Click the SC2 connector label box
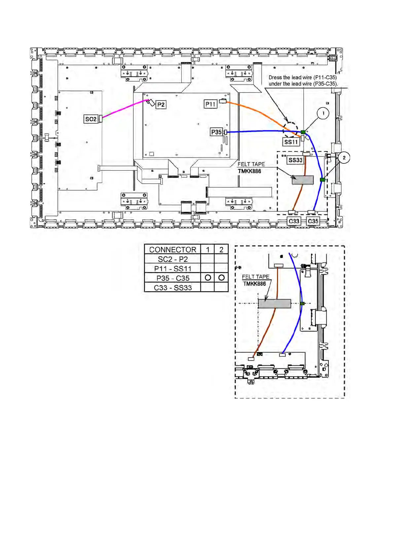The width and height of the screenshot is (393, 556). pyautogui.click(x=90, y=119)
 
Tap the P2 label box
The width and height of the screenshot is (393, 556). pyautogui.click(x=161, y=105)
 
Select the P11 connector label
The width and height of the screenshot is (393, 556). pyautogui.click(x=210, y=104)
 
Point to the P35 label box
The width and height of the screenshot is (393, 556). pyautogui.click(x=216, y=132)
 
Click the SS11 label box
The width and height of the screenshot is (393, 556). pyautogui.click(x=291, y=142)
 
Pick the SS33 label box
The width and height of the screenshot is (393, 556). pyautogui.click(x=295, y=160)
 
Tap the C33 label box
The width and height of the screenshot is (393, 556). pyautogui.click(x=294, y=221)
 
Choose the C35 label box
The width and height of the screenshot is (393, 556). pyautogui.click(x=313, y=221)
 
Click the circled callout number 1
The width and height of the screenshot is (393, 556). pyautogui.click(x=323, y=113)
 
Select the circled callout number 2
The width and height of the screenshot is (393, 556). pyautogui.click(x=344, y=157)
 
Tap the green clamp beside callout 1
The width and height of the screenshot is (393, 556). pyautogui.click(x=303, y=132)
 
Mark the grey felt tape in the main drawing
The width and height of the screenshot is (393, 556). pyautogui.click(x=303, y=180)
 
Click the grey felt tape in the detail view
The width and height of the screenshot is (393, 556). pyautogui.click(x=274, y=303)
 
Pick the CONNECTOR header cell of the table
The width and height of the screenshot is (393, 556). pyautogui.click(x=172, y=250)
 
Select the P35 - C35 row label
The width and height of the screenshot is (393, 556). pyautogui.click(x=172, y=278)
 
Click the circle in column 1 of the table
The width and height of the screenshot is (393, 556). pyautogui.click(x=208, y=277)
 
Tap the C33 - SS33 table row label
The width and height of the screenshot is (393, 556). pyautogui.click(x=172, y=288)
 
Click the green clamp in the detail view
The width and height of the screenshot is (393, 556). pyautogui.click(x=302, y=303)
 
